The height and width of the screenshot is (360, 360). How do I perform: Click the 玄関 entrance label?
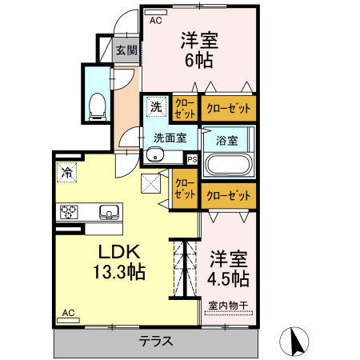[x=125, y=50]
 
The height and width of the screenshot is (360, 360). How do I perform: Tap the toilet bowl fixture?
[x=98, y=103]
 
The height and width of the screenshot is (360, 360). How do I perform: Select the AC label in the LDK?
[x=68, y=313]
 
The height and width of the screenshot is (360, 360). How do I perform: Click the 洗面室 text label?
[x=170, y=137]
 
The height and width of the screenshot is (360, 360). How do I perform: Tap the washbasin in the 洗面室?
[x=156, y=157]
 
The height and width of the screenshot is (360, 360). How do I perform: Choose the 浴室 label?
[x=226, y=140]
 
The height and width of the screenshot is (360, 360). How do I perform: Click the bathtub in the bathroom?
[x=229, y=165]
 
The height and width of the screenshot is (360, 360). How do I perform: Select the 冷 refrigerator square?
[x=66, y=171]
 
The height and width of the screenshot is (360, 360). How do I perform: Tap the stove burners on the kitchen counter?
[x=68, y=212]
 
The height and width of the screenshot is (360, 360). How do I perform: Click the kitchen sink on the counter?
[x=107, y=212]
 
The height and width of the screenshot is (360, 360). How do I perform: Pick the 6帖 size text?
[x=199, y=59]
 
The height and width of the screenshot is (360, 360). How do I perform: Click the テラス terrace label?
[x=156, y=341]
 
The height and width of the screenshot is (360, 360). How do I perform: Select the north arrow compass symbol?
[x=294, y=342]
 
